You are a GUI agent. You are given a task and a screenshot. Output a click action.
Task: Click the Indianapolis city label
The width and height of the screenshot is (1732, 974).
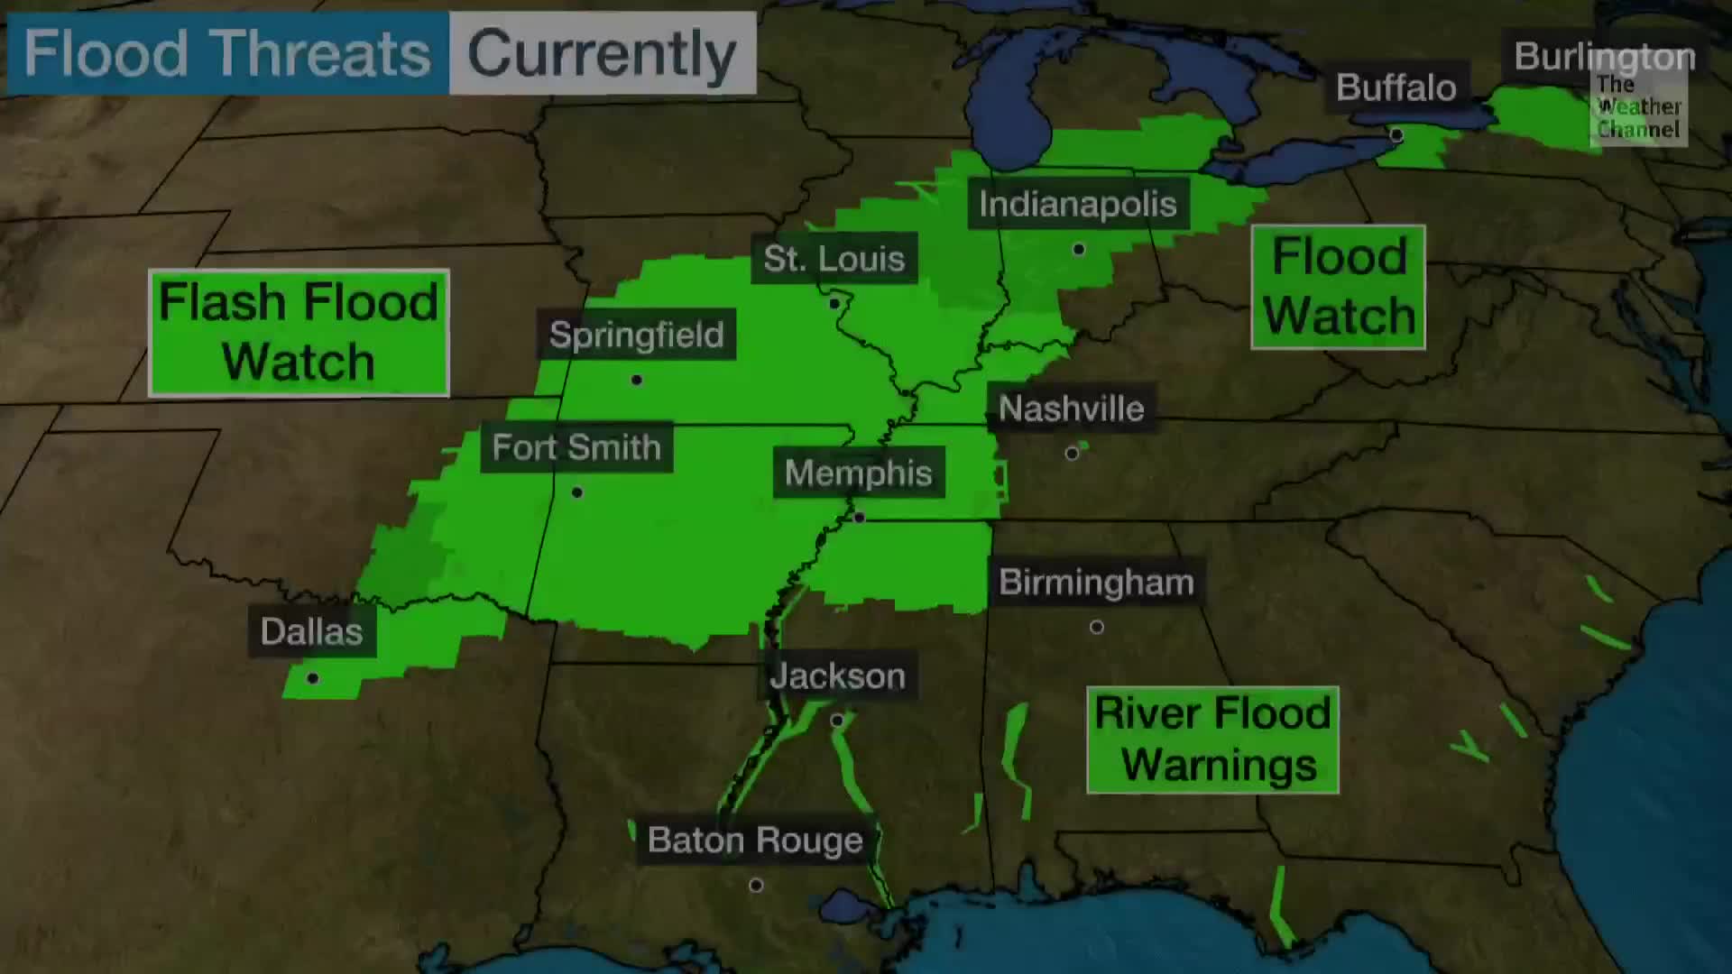click(1078, 204)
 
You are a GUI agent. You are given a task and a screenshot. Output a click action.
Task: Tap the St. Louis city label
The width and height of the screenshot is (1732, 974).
click(834, 259)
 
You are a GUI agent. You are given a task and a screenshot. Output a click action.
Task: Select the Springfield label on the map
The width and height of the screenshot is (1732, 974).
click(636, 335)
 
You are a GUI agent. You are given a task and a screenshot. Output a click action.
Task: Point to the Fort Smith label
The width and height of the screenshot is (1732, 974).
click(576, 447)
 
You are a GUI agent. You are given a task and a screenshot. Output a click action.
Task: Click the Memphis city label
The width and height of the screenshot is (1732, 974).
click(858, 473)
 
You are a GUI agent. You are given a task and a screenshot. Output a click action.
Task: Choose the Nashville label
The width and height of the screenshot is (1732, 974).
click(1071, 409)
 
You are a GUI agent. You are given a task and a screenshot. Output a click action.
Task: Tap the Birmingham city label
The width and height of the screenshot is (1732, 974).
click(1096, 583)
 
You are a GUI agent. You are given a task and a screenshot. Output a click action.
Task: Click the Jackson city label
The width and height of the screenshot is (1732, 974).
click(837, 676)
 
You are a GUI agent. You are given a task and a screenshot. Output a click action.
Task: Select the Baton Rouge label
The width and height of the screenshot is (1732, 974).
click(755, 841)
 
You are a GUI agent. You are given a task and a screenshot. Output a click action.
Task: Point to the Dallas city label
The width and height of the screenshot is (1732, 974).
click(311, 631)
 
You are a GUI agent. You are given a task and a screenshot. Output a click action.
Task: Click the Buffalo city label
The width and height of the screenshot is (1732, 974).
click(1396, 87)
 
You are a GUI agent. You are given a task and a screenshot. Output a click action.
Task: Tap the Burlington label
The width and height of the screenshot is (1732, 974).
click(1604, 57)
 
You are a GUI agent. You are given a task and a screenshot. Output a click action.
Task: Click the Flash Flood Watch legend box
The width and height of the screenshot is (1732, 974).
click(299, 333)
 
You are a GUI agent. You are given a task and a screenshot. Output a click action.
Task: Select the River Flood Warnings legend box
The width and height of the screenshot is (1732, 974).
click(1212, 740)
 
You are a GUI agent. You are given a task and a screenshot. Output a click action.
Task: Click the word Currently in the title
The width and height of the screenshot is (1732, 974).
click(602, 53)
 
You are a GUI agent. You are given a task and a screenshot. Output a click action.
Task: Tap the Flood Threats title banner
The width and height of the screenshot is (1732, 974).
click(227, 53)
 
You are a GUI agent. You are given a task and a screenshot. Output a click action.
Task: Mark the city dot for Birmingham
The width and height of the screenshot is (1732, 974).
click(1097, 627)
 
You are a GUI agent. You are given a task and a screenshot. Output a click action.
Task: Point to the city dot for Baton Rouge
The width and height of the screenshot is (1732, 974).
click(756, 886)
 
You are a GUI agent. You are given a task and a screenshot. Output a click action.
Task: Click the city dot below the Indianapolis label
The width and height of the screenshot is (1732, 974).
click(1079, 249)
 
